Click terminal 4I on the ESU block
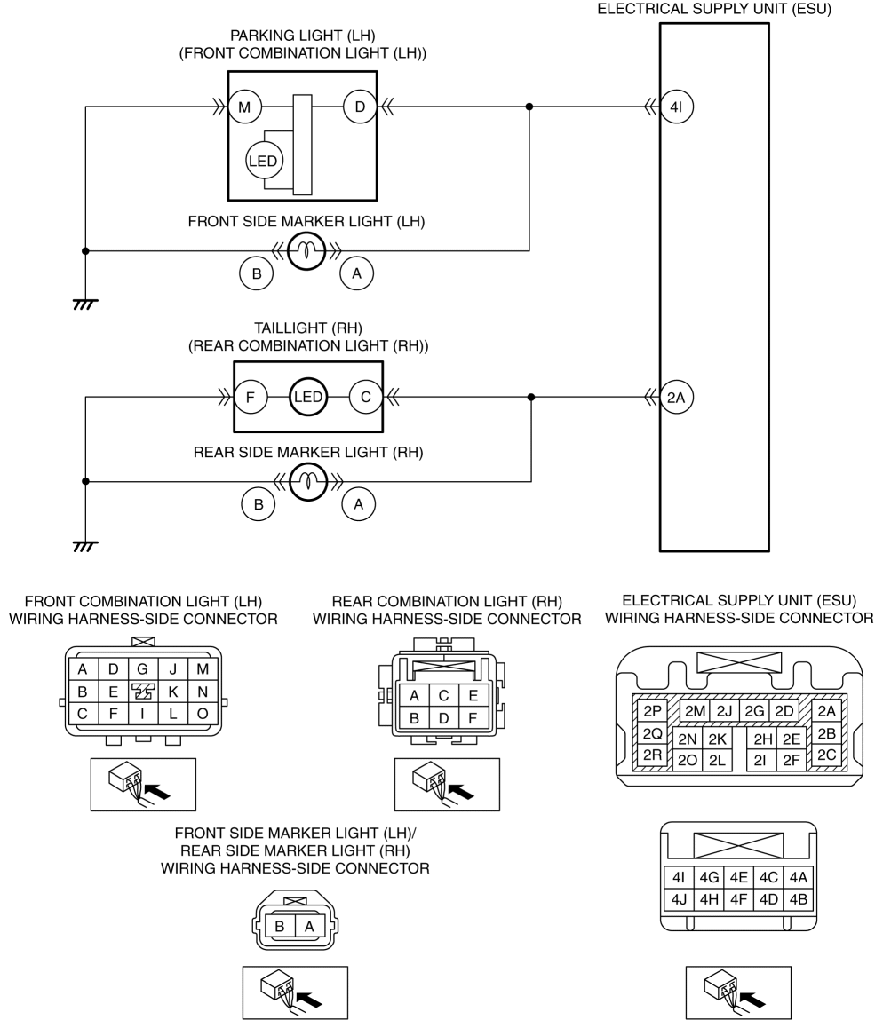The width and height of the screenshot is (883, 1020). coord(677,107)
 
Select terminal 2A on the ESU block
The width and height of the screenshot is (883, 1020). coord(677,397)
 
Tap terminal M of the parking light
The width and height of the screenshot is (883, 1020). coord(244,107)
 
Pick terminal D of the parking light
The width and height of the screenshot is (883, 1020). coord(360,107)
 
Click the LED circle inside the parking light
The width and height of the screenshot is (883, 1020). coord(263,161)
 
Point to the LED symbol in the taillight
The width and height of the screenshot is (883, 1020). coord(308,397)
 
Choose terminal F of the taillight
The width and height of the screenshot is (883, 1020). coord(250,397)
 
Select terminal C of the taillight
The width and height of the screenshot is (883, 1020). coord(366,397)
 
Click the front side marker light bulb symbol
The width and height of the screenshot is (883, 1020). coord(306,250)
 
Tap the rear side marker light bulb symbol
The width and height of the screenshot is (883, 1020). coord(308,481)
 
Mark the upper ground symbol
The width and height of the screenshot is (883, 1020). coord(85,303)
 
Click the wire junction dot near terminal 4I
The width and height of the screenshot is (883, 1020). coord(529,107)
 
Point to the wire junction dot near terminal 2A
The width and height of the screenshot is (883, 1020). coord(531,397)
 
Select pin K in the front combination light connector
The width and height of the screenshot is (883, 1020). coord(172,692)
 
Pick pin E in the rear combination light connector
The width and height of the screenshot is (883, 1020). coord(473,695)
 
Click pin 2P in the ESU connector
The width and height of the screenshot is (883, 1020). coord(653,711)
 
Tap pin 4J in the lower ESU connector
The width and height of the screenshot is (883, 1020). coord(679,899)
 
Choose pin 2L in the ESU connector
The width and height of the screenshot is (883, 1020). coord(717,760)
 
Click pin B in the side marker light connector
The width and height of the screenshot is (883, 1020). coord(280,926)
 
